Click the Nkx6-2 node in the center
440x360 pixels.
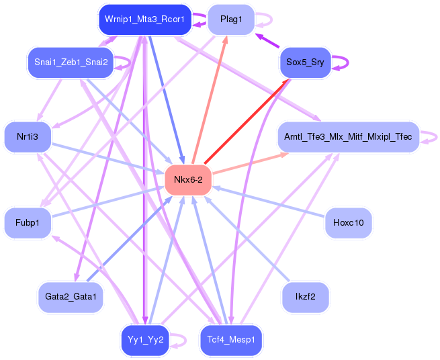coord(188,179)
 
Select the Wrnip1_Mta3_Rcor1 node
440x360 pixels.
coord(145,19)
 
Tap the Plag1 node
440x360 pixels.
coord(231,19)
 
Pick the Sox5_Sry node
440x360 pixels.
coord(305,62)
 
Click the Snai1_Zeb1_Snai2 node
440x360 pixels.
coord(71,62)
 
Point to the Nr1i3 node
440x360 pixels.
coord(28,137)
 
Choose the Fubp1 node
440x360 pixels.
coord(28,223)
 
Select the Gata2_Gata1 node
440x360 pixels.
coord(71,297)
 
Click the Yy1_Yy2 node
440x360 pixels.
coord(145,340)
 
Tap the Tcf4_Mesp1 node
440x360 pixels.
coord(231,340)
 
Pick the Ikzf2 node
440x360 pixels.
coord(305,297)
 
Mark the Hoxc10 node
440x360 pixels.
coord(348,223)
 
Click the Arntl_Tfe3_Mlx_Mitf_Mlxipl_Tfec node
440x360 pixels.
coord(348,137)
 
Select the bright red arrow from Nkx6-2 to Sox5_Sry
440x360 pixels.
coord(247,121)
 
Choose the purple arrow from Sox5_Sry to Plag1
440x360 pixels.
coord(267,40)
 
